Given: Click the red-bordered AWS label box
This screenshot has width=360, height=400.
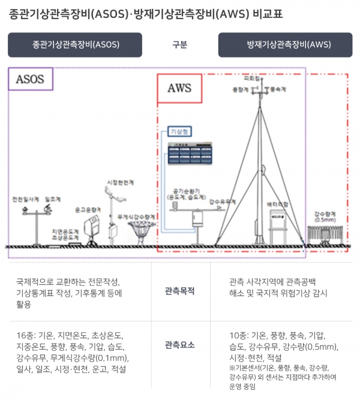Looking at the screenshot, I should click(x=179, y=88).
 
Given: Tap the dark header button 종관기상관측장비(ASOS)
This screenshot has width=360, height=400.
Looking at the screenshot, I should click(x=75, y=44).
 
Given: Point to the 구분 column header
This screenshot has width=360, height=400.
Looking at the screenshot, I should click(x=180, y=44).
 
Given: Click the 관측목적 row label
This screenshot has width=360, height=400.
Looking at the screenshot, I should click(x=180, y=292).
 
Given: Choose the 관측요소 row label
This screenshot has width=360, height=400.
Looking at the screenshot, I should click(x=180, y=345).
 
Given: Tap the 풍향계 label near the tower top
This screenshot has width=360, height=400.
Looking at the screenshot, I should click(x=239, y=89).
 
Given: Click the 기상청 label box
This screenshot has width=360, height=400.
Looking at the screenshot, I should click(x=180, y=131).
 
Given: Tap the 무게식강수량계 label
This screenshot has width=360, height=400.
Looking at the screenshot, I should click(x=137, y=216).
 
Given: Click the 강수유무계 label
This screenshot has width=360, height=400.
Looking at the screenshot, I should click(x=222, y=202).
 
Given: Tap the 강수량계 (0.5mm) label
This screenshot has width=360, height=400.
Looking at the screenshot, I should click(x=328, y=216).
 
